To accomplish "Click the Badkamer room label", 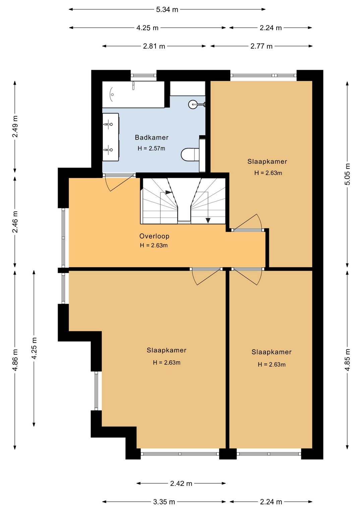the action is point(152,137).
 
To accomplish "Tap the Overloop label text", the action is point(155,236).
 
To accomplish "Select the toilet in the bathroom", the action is point(190,154).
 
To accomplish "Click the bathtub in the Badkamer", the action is point(133,94).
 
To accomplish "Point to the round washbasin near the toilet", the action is point(192,104).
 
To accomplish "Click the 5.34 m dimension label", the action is point(167,10).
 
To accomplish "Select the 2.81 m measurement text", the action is point(154,46).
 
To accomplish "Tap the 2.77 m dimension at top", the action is point(261,46).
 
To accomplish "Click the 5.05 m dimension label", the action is point(347,174).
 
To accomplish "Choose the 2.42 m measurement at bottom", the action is point(181,483).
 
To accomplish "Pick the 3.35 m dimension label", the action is point(164,502).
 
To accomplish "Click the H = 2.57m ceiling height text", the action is point(152,148).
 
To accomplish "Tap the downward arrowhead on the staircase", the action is point(208,220).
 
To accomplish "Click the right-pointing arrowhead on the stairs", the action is point(169,192).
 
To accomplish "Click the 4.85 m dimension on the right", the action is point(347,360).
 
